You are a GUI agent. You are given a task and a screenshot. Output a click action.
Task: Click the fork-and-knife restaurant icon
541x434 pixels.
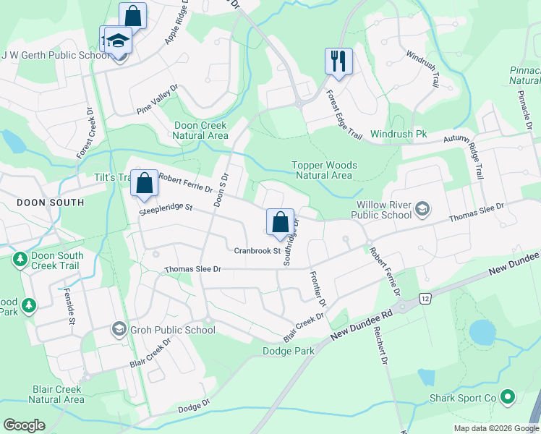click(338, 61)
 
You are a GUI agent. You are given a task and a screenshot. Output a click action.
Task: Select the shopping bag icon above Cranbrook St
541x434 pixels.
click(280, 222)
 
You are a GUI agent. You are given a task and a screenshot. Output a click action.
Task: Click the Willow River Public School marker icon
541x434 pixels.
click(422, 210)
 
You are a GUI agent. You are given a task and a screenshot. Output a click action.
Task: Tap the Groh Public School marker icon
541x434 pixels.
click(118, 330)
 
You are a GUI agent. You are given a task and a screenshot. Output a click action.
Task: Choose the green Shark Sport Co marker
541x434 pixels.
click(507, 397)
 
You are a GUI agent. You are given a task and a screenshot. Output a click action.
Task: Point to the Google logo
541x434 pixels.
click(24, 425)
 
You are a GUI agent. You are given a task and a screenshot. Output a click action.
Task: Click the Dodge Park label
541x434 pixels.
click(288, 351)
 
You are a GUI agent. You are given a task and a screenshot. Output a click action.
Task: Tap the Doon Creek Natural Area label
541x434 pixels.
click(201, 130)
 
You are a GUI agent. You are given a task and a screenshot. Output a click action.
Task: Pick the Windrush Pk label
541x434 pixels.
click(399, 135)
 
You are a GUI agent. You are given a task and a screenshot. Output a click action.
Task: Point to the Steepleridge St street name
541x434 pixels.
click(166, 208)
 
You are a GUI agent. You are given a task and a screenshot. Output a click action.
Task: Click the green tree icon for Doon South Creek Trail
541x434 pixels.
click(20, 260)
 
